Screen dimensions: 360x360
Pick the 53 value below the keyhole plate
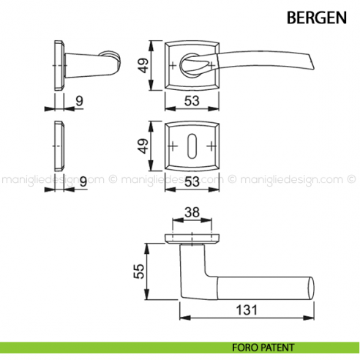(193, 180)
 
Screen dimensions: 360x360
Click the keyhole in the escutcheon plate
(193, 144)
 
